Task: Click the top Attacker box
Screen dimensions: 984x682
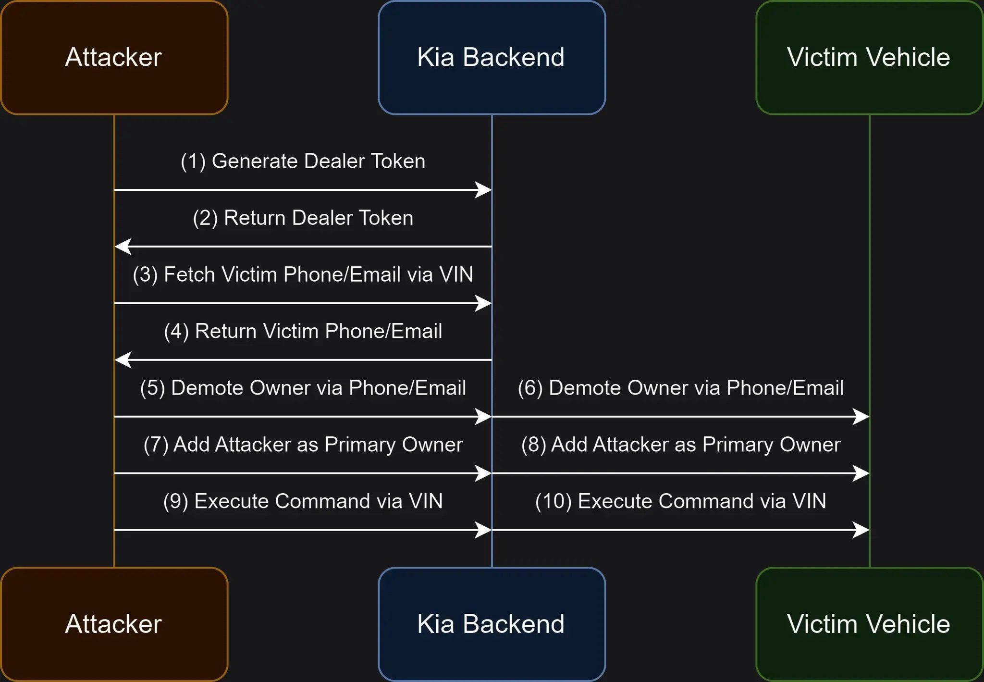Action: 114,58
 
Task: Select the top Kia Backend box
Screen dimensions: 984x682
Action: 492,58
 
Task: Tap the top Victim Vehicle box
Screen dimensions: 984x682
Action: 869,58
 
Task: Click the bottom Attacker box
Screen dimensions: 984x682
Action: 114,624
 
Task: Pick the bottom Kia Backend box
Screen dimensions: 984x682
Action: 492,624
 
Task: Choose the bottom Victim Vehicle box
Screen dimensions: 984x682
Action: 869,624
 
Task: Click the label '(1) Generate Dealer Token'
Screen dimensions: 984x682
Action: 303,161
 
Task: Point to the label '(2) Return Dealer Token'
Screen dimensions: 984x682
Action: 303,218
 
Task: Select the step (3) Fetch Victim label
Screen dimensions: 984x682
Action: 303,275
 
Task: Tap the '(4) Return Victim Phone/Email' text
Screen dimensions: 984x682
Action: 303,332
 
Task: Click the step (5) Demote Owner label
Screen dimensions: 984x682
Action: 303,388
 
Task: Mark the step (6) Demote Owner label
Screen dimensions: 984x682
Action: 680,388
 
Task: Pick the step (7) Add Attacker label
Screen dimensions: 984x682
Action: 303,445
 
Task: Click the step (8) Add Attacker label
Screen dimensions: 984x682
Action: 680,445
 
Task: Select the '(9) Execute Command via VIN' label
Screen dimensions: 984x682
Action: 303,502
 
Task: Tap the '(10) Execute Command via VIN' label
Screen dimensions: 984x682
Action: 680,502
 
